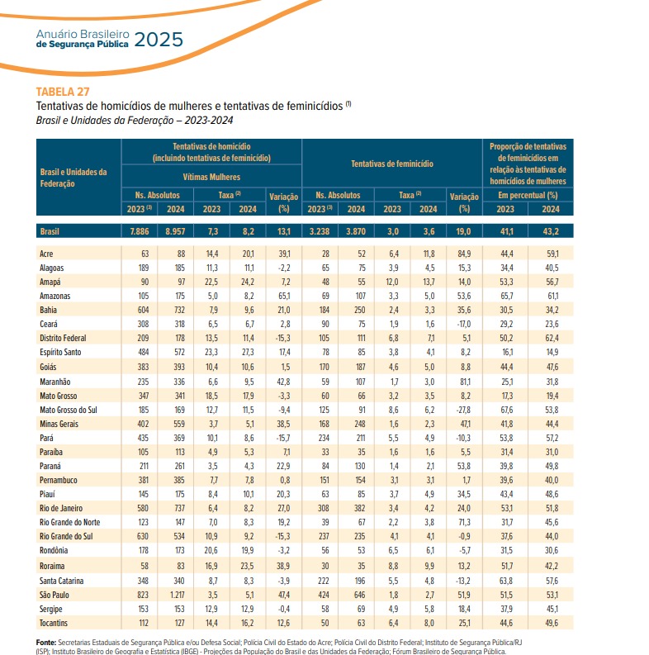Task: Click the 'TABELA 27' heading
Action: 63,91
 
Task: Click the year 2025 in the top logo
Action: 154,40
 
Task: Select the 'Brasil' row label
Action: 52,232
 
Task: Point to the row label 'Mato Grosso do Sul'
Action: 70,409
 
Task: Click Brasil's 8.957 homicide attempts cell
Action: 176,232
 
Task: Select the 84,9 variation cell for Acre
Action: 462,254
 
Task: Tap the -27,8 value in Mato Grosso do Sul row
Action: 462,409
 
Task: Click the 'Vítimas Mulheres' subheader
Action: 211,177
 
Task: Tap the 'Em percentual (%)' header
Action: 528,195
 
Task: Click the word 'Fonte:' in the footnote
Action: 46,642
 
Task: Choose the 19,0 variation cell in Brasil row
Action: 462,232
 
